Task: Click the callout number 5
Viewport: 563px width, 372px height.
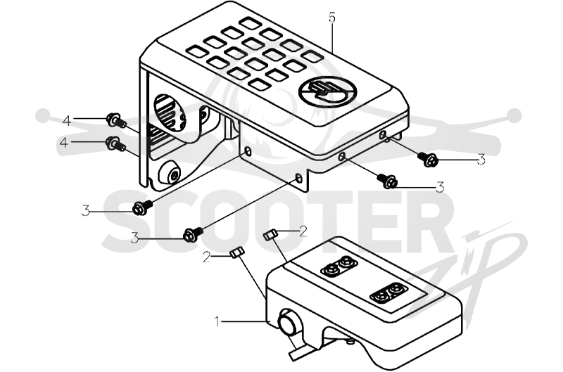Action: pyautogui.click(x=332, y=18)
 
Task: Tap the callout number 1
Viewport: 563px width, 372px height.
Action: pyautogui.click(x=217, y=321)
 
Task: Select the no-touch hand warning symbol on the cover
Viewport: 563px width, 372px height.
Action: pyautogui.click(x=328, y=91)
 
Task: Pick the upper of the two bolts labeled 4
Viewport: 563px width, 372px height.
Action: pyautogui.click(x=116, y=120)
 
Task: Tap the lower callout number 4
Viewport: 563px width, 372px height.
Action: pyautogui.click(x=64, y=143)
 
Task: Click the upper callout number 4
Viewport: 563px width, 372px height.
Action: pyautogui.click(x=67, y=120)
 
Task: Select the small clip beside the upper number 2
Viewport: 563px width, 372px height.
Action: pyautogui.click(x=270, y=235)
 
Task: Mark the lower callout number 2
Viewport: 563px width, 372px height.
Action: pyautogui.click(x=206, y=257)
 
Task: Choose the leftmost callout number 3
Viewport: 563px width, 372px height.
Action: pyautogui.click(x=85, y=210)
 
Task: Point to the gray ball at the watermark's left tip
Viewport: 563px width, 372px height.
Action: pyautogui.click(x=44, y=115)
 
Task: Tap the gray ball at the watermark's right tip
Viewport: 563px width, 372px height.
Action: pyautogui.click(x=514, y=115)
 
